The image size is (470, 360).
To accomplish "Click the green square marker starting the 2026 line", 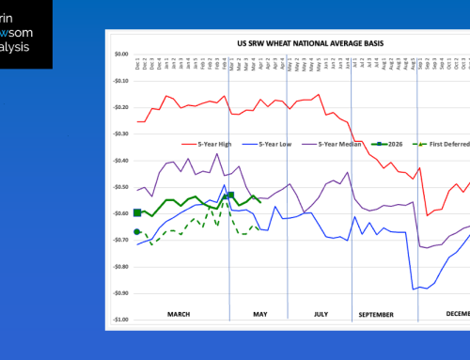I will pos(137,213).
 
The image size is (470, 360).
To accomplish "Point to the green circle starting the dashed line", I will pos(137,231).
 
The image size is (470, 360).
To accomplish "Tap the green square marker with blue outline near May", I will pos(230,196).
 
